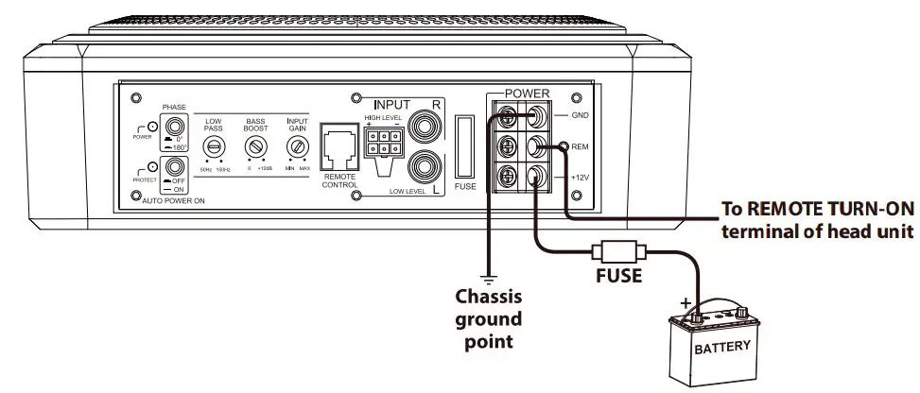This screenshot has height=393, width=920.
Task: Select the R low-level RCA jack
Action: click(421, 126)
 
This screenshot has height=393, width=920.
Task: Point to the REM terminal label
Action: click(582, 146)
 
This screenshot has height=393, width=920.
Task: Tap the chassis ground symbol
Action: click(488, 278)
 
